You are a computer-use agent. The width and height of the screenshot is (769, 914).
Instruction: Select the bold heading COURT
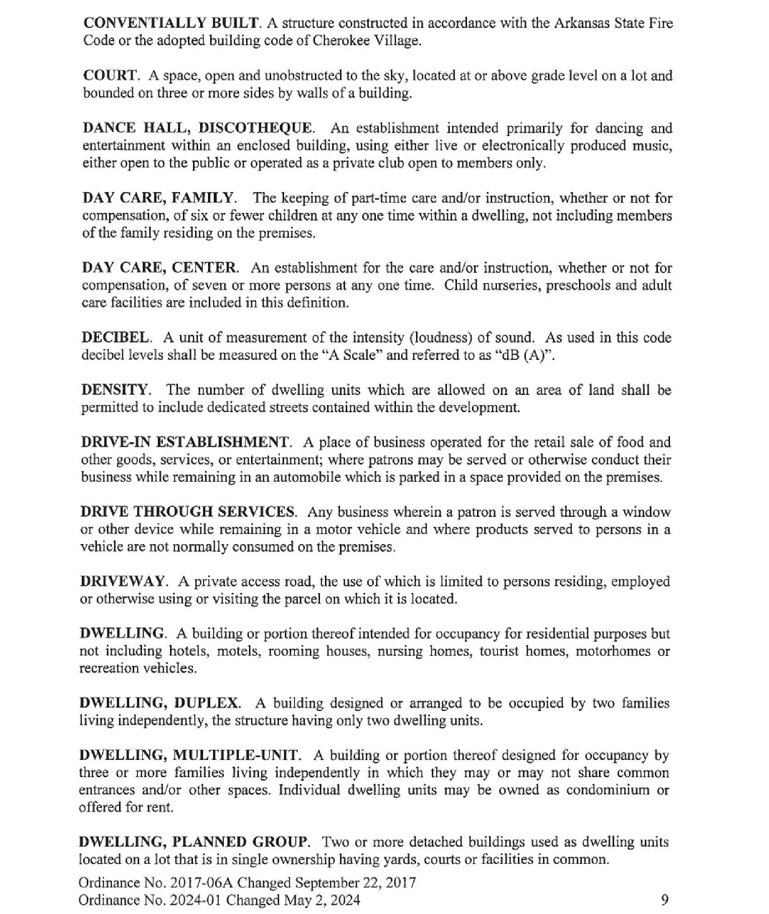[110, 76]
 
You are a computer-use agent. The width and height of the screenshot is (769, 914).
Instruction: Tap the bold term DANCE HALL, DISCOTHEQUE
[198, 128]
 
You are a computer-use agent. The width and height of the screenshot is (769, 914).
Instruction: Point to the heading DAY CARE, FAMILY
[158, 198]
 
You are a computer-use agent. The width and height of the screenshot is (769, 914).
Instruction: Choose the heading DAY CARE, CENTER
[159, 268]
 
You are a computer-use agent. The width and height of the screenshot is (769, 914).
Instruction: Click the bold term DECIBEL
[115, 338]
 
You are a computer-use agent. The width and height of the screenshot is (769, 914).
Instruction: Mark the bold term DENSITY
[115, 390]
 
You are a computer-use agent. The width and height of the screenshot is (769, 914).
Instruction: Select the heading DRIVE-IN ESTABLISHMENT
[185, 442]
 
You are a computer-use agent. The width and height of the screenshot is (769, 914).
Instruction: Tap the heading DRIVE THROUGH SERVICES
[187, 512]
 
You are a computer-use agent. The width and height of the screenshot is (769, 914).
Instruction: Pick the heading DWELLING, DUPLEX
[159, 703]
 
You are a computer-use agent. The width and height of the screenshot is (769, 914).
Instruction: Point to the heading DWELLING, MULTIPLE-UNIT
[189, 756]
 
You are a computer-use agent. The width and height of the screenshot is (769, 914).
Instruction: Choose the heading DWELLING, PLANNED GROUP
[193, 842]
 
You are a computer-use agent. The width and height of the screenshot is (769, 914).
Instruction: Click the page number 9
[664, 900]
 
